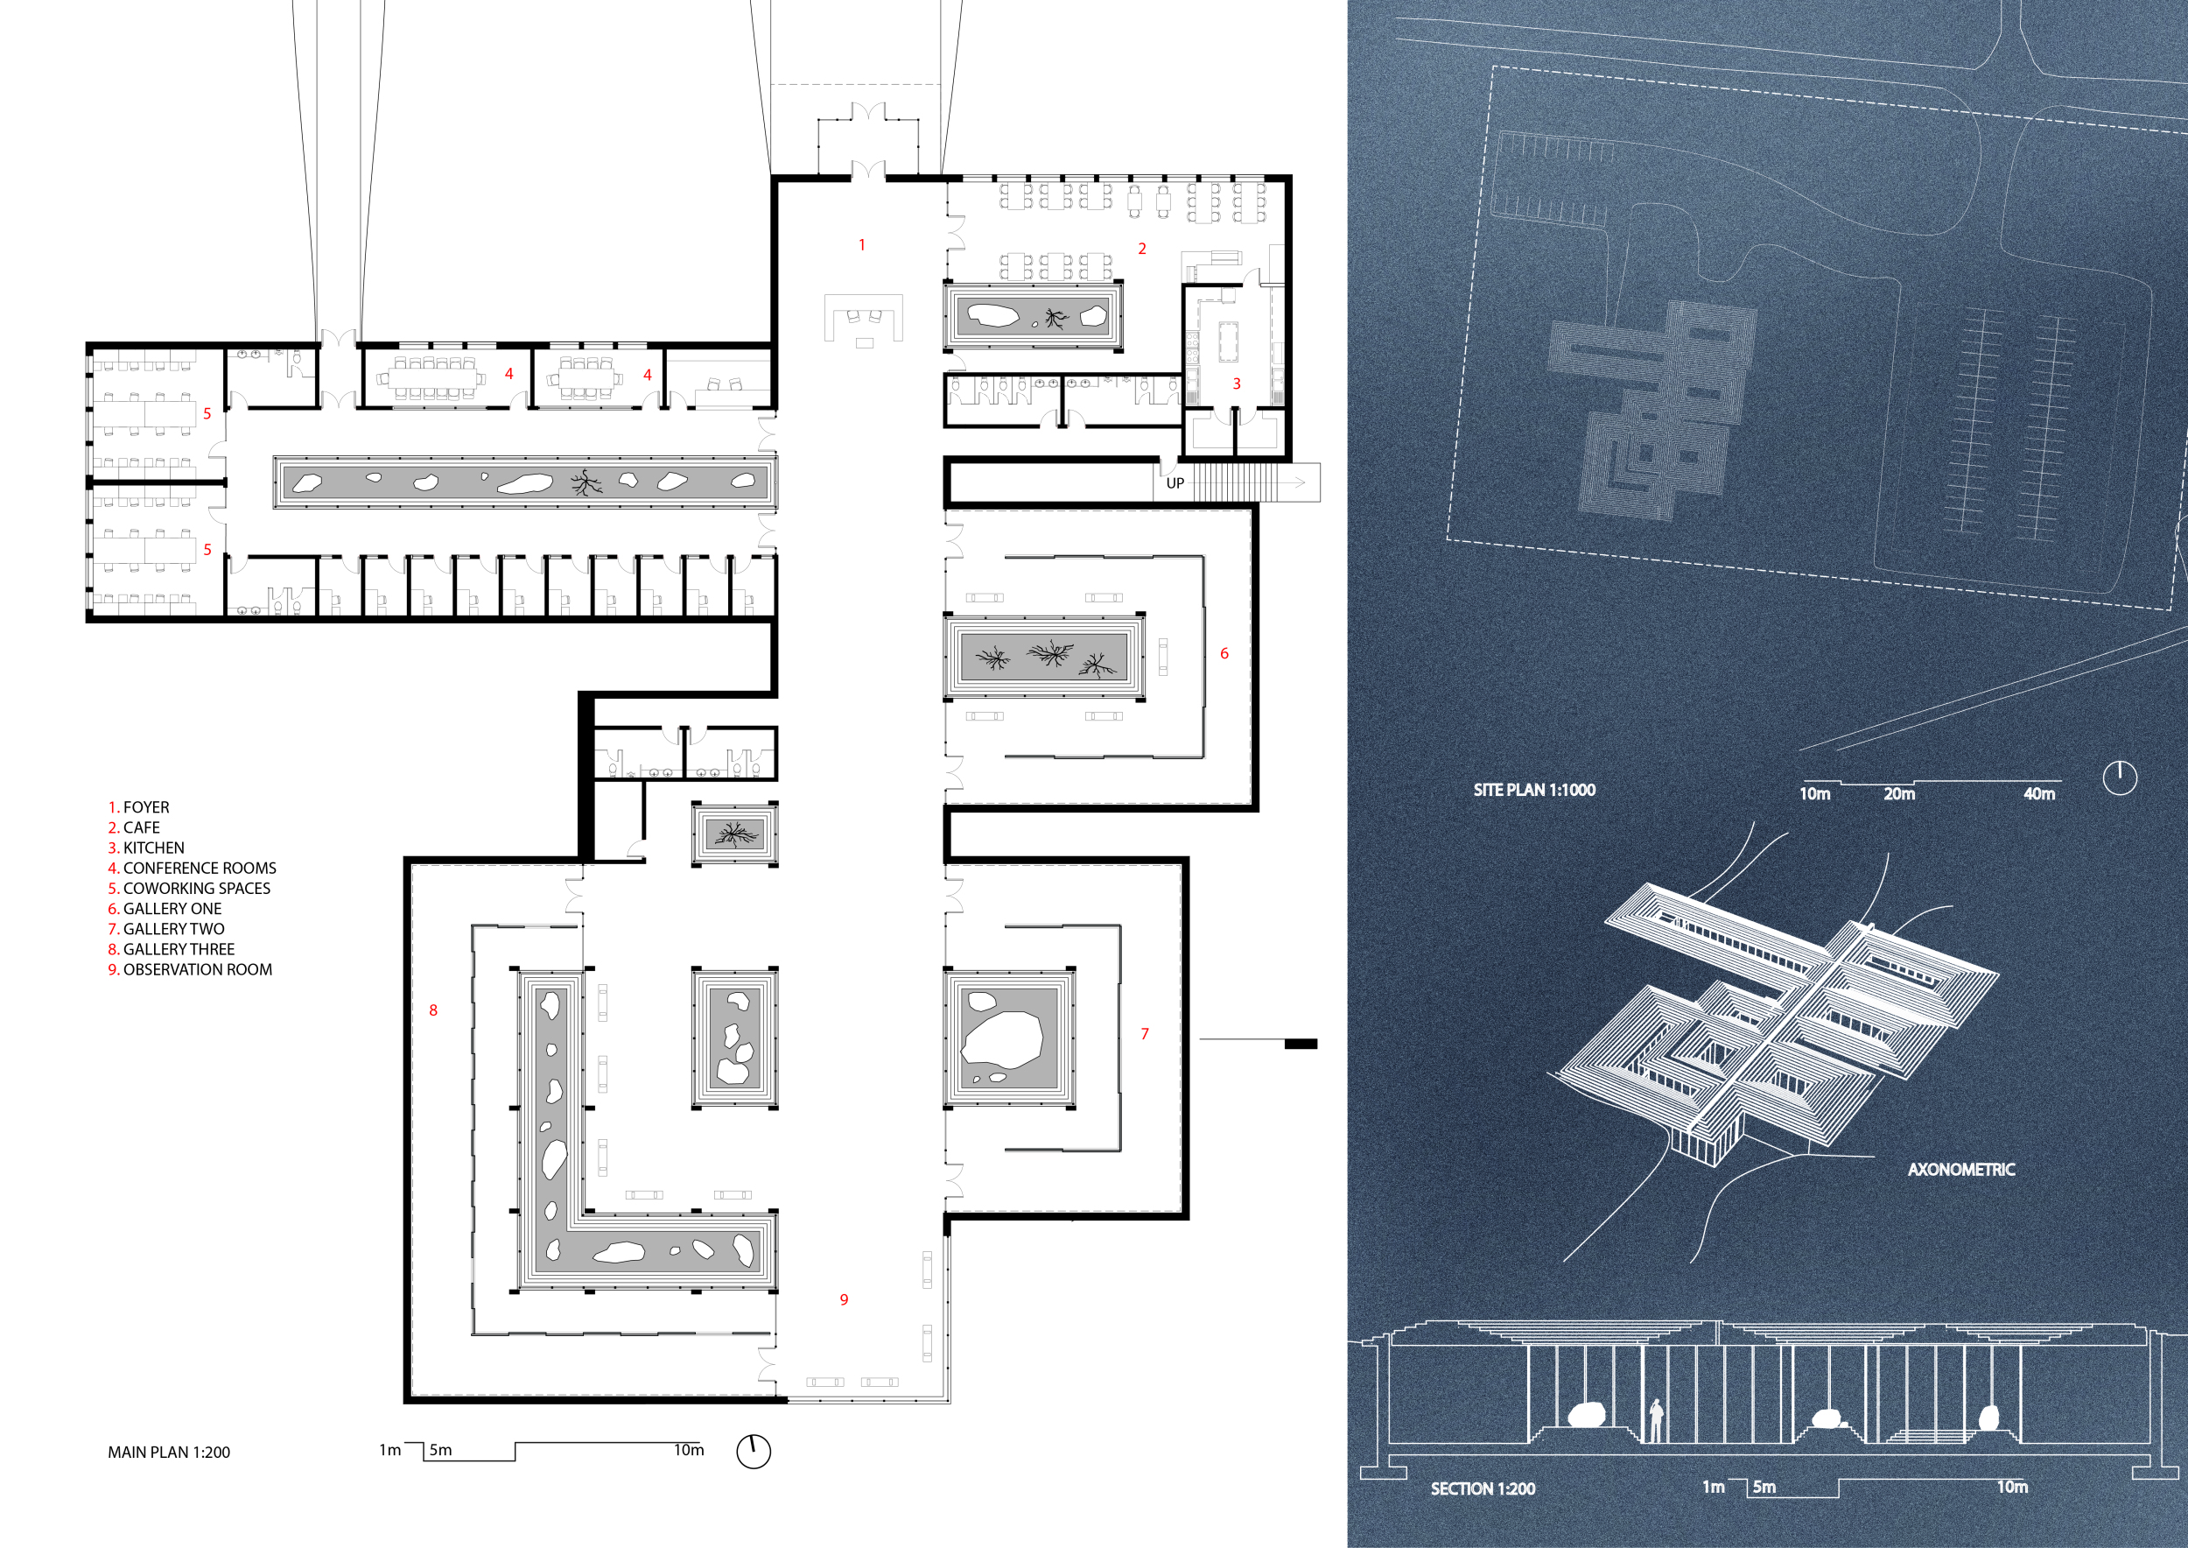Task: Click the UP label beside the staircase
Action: pyautogui.click(x=1175, y=483)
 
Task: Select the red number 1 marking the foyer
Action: pyautogui.click(x=862, y=245)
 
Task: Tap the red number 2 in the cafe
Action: pyautogui.click(x=1141, y=249)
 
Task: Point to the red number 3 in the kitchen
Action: pyautogui.click(x=1237, y=384)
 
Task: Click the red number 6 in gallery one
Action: pyautogui.click(x=1224, y=654)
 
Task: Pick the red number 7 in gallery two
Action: pyautogui.click(x=1145, y=1034)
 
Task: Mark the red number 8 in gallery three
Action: pyautogui.click(x=433, y=1010)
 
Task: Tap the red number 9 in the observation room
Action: pyautogui.click(x=845, y=1300)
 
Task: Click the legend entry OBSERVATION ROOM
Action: pyautogui.click(x=197, y=969)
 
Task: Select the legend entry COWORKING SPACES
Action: pyautogui.click(x=196, y=889)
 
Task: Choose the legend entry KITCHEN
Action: pyautogui.click(x=153, y=848)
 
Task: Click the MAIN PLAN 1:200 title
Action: pyautogui.click(x=169, y=1453)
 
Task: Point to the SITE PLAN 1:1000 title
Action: pyautogui.click(x=1534, y=791)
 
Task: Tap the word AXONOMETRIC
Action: pyautogui.click(x=1961, y=1170)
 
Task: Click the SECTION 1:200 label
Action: pyautogui.click(x=1483, y=1489)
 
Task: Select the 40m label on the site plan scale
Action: pyautogui.click(x=2039, y=794)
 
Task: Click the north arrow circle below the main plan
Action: pyautogui.click(x=754, y=1452)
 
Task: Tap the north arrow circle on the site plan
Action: pyautogui.click(x=2121, y=778)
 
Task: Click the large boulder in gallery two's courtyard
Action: pyautogui.click(x=1001, y=1040)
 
